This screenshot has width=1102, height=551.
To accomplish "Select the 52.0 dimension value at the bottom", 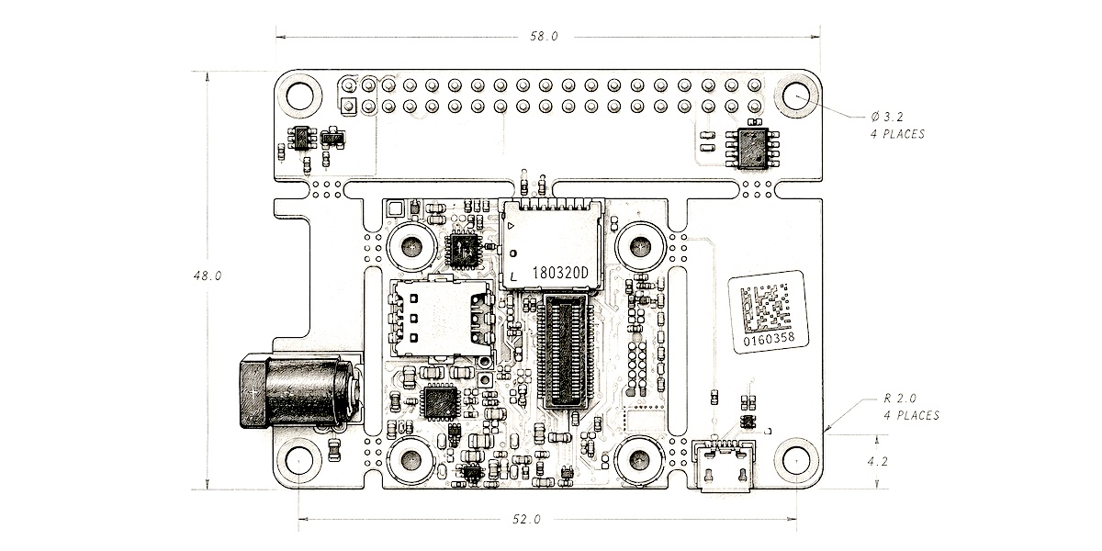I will coord(526,520).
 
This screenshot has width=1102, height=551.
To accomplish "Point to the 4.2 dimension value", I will coord(876,462).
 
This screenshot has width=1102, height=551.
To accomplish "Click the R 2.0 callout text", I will coord(911,407).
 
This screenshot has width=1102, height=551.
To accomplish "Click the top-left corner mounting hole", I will coord(301,95).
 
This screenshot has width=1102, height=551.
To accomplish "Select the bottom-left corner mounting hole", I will coord(301,462).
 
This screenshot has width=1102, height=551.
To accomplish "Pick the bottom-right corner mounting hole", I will coord(795,461).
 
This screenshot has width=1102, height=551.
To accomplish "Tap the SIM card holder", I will coord(442,318).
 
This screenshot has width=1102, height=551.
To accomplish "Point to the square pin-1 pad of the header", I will coord(349,106).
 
